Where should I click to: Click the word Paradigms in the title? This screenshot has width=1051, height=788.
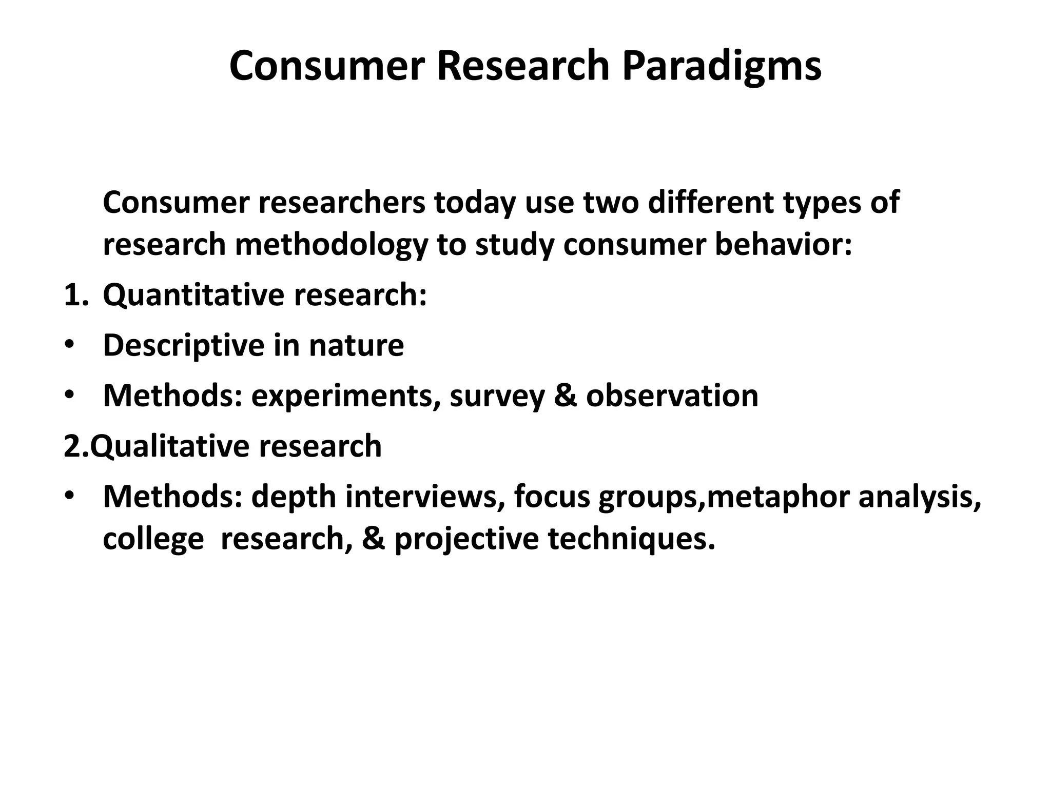pyautogui.click(x=722, y=67)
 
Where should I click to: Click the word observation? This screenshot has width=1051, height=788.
pyautogui.click(x=672, y=396)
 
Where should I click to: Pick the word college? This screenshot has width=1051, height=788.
pyautogui.click(x=153, y=540)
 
